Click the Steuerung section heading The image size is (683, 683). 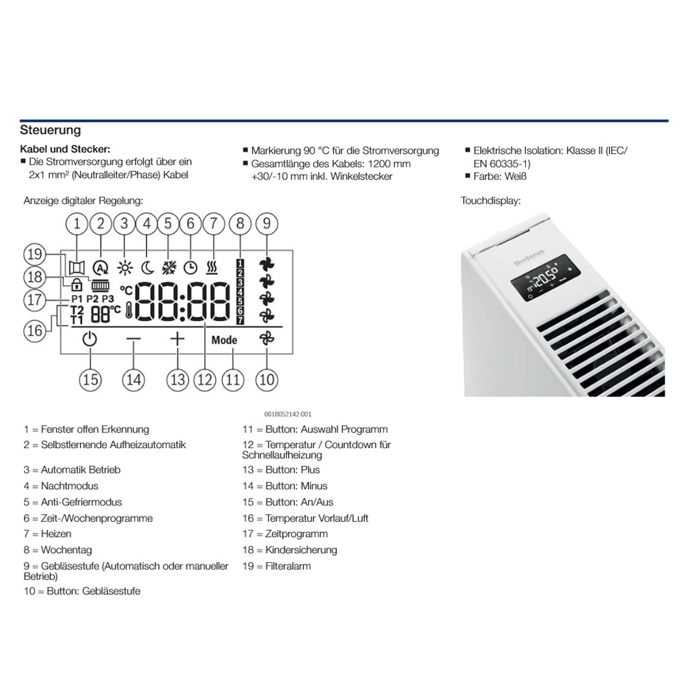51,130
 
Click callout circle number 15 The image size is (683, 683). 90,379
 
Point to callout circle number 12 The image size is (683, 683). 204,379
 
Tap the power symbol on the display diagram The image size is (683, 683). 90,339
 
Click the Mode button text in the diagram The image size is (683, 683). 224,340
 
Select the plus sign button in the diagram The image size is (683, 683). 178,339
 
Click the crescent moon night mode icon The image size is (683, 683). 147,268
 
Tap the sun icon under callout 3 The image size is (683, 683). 124,268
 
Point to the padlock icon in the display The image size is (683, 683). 76,285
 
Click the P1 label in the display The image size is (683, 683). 76,298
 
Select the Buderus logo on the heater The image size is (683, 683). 525,262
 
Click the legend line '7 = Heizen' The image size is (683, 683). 47,534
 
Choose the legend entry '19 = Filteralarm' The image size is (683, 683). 277,566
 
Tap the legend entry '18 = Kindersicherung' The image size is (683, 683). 290,550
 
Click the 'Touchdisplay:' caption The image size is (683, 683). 490,201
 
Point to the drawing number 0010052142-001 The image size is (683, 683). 288,414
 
